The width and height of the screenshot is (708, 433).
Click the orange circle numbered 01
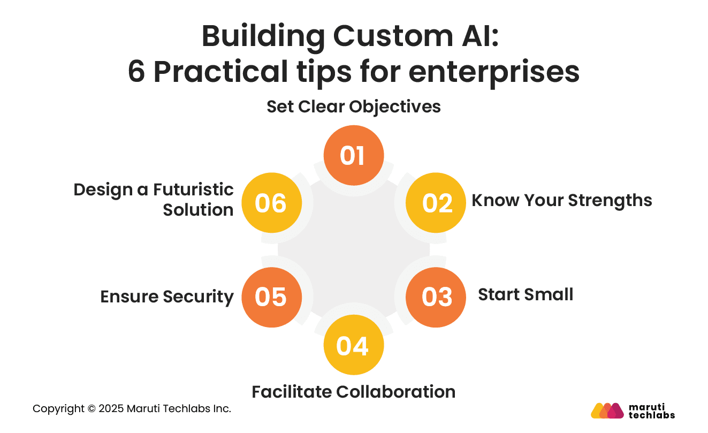tap(354, 155)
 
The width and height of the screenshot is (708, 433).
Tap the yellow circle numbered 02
tap(436, 203)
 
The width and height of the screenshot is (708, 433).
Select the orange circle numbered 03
tap(436, 297)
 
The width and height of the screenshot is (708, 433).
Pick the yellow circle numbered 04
tap(354, 345)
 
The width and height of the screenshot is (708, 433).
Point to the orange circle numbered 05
tap(271, 297)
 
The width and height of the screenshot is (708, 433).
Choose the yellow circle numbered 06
tap(271, 203)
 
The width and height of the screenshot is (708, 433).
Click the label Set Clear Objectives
tap(354, 107)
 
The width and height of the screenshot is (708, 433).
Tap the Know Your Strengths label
tap(561, 200)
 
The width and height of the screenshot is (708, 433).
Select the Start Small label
tap(525, 294)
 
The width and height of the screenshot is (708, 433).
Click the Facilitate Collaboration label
tap(354, 392)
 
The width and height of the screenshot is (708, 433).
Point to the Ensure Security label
tap(167, 297)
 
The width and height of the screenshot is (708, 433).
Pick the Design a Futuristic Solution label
tap(154, 200)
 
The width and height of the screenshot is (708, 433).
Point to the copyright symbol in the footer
tap(92, 409)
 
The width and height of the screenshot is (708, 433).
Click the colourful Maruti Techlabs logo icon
tap(607, 411)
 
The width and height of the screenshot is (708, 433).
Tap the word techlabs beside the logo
tap(651, 415)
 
